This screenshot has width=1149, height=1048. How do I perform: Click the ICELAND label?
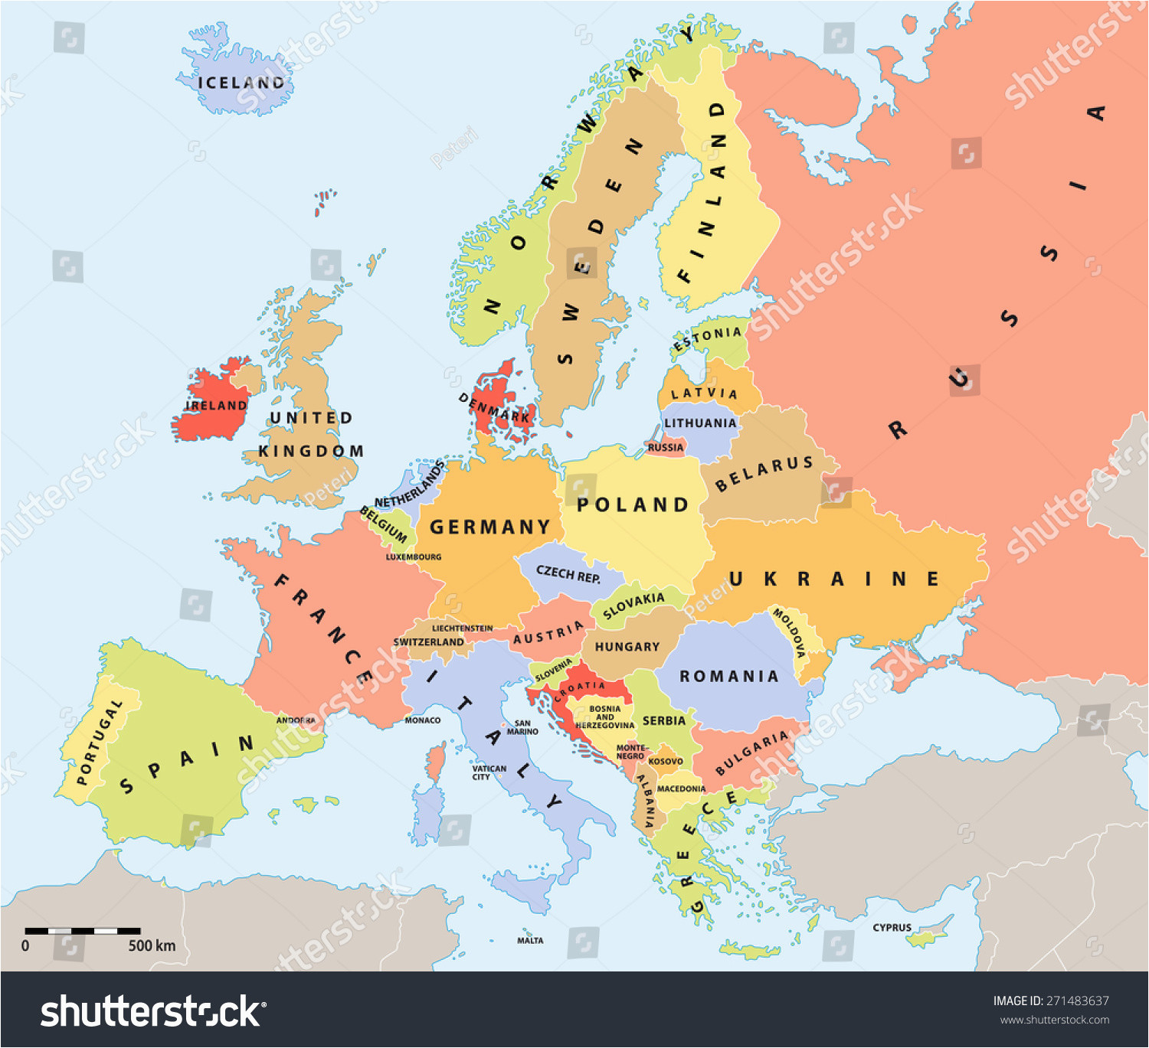pyautogui.click(x=241, y=83)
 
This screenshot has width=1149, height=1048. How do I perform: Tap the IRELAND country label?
pyautogui.click(x=217, y=406)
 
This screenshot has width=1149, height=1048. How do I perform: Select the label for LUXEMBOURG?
pyautogui.click(x=413, y=557)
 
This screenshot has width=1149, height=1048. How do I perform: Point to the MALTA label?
pyautogui.click(x=530, y=941)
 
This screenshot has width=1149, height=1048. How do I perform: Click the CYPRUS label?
pyautogui.click(x=892, y=928)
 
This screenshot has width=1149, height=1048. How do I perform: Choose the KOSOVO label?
pyautogui.click(x=665, y=762)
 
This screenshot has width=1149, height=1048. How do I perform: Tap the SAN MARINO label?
pyautogui.click(x=522, y=727)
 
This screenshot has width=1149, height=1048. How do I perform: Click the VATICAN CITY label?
pyautogui.click(x=489, y=772)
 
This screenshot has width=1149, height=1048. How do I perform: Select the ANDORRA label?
pyautogui.click(x=296, y=720)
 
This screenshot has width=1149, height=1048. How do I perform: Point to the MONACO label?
pyautogui.click(x=422, y=720)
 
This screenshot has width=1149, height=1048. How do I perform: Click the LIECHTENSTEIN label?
pyautogui.click(x=462, y=628)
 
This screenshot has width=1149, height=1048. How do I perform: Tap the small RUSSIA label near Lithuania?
pyautogui.click(x=665, y=448)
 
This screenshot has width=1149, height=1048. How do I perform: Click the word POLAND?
pyautogui.click(x=633, y=505)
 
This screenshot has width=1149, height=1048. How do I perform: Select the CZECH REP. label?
pyautogui.click(x=568, y=574)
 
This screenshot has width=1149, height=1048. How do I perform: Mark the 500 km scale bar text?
pyautogui.click(x=152, y=946)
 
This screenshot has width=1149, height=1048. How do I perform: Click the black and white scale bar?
pyautogui.click(x=83, y=931)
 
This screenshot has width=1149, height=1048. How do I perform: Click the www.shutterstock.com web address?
pyautogui.click(x=1054, y=1020)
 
